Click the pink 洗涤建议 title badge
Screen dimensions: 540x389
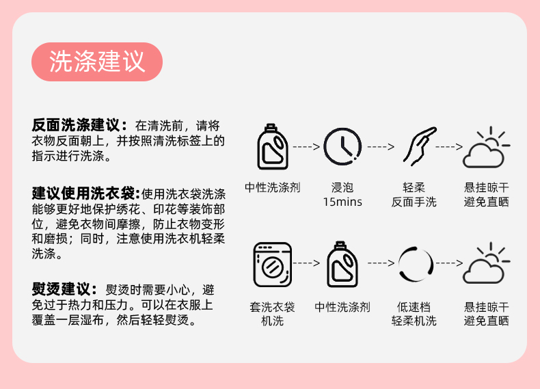pos(97,62)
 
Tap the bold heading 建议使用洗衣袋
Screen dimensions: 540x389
pos(85,193)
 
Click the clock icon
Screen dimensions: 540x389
pos(342,146)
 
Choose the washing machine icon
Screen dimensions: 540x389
pos(272,263)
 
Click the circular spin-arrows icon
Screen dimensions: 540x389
pos(416,263)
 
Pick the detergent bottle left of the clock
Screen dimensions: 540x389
pos(272,146)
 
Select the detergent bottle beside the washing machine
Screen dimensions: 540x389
pos(342,263)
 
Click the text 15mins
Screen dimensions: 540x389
pos(342,202)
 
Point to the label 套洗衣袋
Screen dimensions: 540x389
pos(272,308)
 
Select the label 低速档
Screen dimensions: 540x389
pos(414,308)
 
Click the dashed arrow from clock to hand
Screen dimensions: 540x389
pos(381,146)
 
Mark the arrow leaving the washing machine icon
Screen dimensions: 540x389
pos(307,263)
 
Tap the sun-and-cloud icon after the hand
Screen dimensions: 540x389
pos(486,148)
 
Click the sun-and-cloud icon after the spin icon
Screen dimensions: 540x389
pos(486,264)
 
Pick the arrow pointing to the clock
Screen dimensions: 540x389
pos(307,146)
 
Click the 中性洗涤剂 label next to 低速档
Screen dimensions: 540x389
pos(342,308)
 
